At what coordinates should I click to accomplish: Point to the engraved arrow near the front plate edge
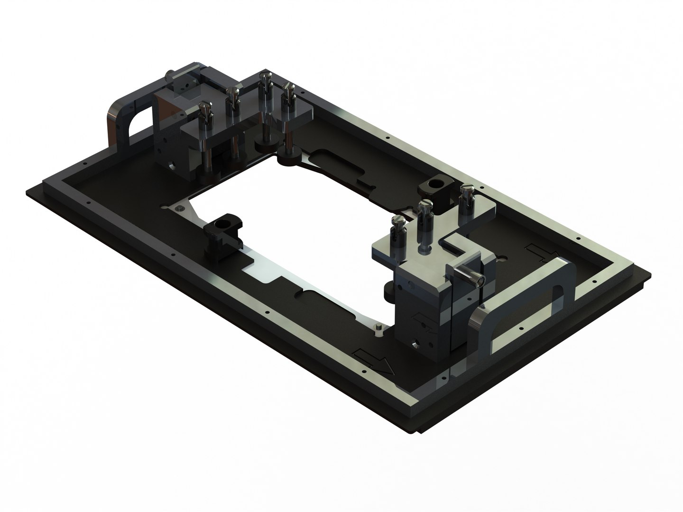(x=375, y=362)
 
